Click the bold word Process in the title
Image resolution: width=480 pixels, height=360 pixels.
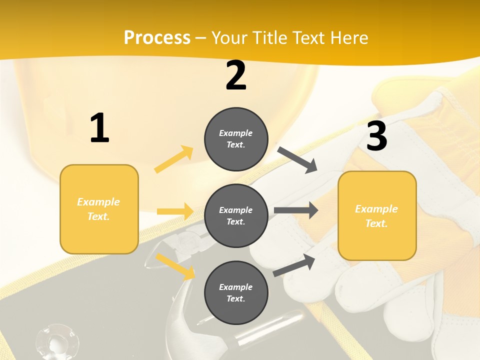(x=157, y=38)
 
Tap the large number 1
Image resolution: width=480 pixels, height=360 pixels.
(x=99, y=128)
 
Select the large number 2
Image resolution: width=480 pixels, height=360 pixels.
(x=236, y=76)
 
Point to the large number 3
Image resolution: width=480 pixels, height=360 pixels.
(x=377, y=136)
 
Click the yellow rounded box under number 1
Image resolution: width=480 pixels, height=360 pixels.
(x=99, y=209)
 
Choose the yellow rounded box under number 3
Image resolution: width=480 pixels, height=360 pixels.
(x=377, y=215)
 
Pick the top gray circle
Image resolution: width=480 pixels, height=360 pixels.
(x=236, y=139)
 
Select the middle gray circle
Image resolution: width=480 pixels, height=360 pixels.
(x=236, y=215)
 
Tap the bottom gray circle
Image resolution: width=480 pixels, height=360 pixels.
(x=236, y=292)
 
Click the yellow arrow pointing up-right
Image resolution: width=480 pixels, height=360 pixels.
(x=174, y=159)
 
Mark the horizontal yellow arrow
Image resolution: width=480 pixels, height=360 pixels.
(x=175, y=211)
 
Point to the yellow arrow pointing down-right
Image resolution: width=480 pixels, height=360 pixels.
(x=175, y=266)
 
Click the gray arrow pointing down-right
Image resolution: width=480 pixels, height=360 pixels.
(x=297, y=160)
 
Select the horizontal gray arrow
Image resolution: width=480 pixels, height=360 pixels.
(x=295, y=210)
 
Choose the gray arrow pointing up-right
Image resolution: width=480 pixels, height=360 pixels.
(x=294, y=265)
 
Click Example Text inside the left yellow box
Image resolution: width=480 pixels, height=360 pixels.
(x=98, y=209)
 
